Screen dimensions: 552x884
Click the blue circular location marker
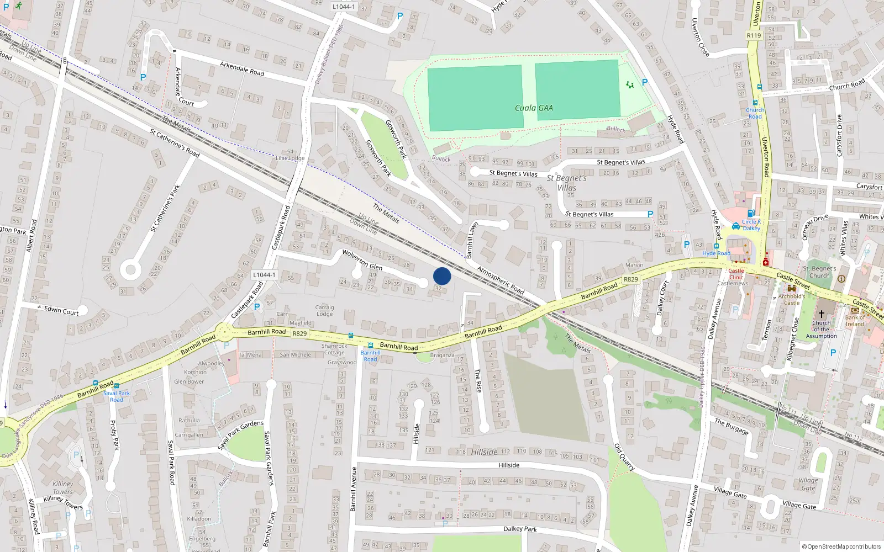tap(442, 276)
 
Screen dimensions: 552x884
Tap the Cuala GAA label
tap(533, 108)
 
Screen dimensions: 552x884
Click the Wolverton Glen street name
tap(362, 260)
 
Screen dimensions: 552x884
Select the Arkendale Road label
tap(242, 68)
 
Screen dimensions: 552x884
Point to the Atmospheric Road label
tap(501, 280)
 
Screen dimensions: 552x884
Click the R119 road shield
tap(754, 35)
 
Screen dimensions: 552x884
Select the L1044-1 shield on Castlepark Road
tap(264, 275)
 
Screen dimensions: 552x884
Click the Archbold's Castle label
tap(792, 300)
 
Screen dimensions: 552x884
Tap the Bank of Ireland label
tap(855, 321)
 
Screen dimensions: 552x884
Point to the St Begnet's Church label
tap(819, 272)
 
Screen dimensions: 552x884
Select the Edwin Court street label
tap(61, 310)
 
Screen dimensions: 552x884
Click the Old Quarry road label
tap(624, 457)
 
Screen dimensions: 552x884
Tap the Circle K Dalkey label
tap(751, 225)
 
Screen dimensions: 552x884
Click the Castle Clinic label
tap(736, 274)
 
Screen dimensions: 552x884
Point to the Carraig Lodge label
tap(324, 310)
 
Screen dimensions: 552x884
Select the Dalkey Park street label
tap(520, 528)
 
